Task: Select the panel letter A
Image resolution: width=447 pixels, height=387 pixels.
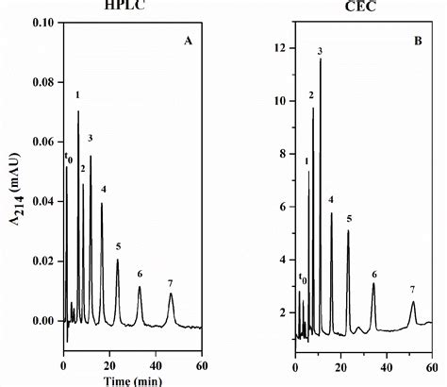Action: (x=188, y=41)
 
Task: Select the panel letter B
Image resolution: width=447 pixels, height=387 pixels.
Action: (x=417, y=41)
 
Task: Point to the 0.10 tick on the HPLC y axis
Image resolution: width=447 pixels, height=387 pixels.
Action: (x=42, y=21)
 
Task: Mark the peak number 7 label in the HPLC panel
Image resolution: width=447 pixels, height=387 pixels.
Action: (x=170, y=283)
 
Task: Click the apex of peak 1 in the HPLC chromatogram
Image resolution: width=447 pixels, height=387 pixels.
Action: (x=78, y=111)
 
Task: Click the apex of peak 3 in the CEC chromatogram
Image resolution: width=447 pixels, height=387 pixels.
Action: (x=321, y=60)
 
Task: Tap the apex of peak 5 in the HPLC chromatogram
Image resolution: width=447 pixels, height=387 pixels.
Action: (x=118, y=261)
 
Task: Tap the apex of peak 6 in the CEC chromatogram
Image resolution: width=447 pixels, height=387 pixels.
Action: (x=373, y=284)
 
